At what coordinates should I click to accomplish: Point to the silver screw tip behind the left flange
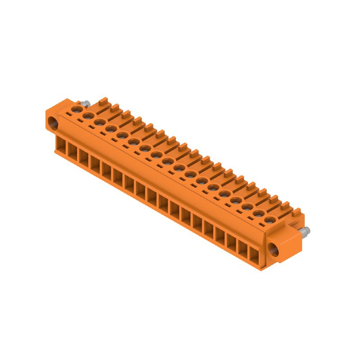(85, 104)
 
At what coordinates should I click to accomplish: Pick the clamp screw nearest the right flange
(270, 220)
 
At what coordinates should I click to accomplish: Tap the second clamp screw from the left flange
(88, 115)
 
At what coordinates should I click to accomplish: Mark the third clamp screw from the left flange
(99, 121)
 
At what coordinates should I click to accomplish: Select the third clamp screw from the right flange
(247, 207)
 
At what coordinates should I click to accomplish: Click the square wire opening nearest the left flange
(60, 145)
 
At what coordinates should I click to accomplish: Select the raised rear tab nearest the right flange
(297, 211)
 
